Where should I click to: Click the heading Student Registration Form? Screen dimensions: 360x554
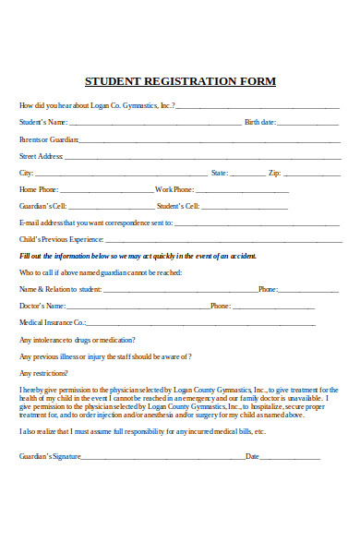(180, 81)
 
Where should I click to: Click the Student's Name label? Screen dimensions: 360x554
(43, 122)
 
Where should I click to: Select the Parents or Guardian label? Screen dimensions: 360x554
(48, 139)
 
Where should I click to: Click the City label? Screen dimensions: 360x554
(27, 173)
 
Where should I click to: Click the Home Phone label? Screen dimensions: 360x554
(42, 189)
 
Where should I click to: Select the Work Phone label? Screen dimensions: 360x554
(174, 189)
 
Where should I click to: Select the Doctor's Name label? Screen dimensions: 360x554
(42, 306)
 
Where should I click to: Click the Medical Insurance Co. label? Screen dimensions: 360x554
(53, 322)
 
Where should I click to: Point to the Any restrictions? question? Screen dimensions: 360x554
(43, 372)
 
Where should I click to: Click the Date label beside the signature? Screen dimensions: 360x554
(252, 456)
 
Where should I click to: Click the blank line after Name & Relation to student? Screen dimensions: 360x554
(180, 290)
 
